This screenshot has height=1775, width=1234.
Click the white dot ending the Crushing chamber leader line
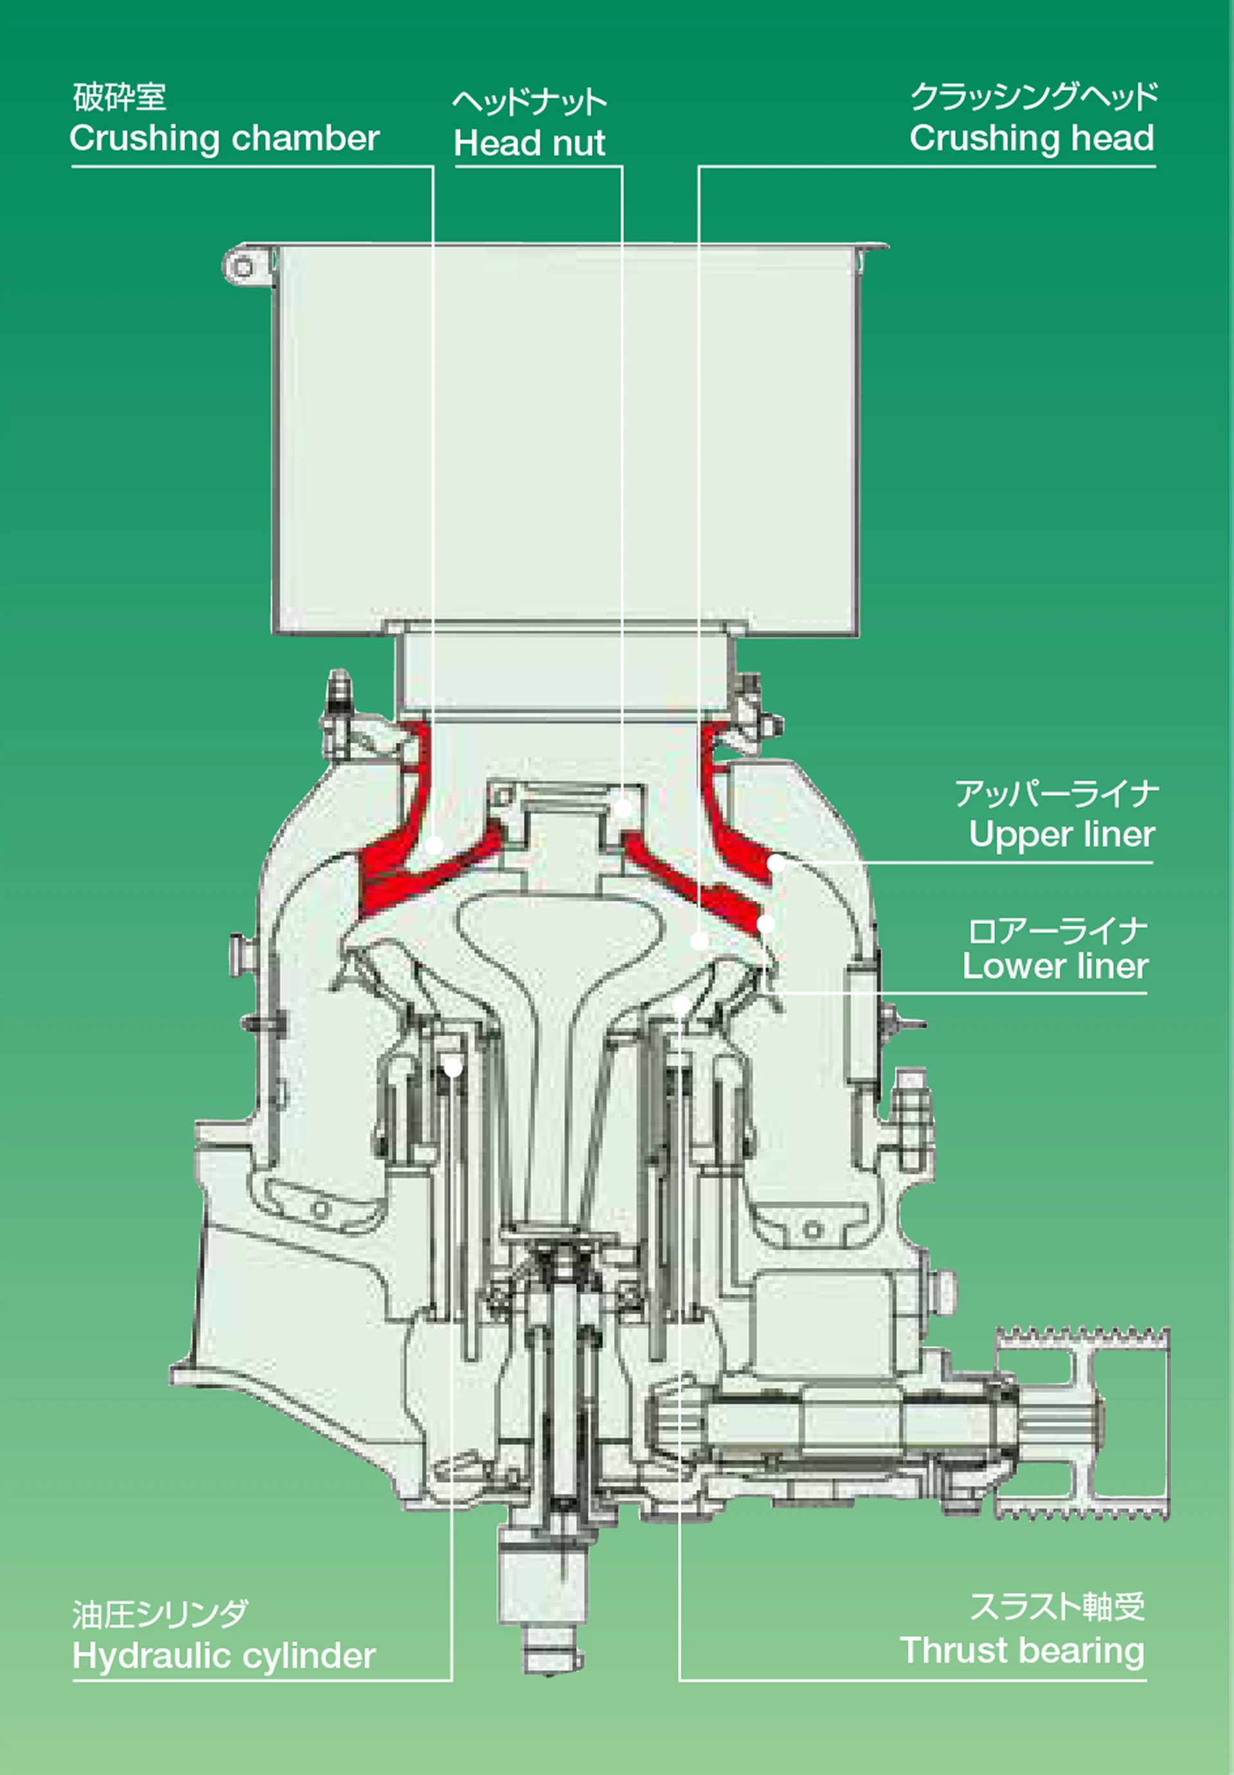tap(434, 845)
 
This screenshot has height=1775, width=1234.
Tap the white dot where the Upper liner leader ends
tap(776, 864)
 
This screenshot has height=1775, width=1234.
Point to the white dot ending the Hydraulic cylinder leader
tap(453, 1068)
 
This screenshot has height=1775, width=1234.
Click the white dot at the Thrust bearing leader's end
tap(681, 1005)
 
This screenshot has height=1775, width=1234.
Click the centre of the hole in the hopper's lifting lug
tap(243, 268)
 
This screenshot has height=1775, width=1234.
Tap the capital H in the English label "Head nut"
tap(465, 143)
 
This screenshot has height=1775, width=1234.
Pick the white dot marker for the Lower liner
tap(765, 924)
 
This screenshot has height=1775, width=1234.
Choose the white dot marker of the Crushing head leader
tap(699, 941)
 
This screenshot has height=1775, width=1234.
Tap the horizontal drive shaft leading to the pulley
tap(835, 1422)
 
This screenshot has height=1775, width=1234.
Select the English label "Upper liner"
tap(1062, 834)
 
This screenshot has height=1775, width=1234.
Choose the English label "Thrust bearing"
tap(1022, 1650)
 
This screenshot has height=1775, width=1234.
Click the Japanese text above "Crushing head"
tap(1033, 96)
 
